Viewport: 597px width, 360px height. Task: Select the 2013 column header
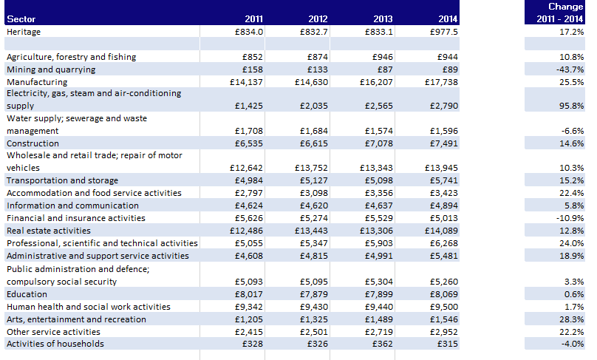[x=383, y=19]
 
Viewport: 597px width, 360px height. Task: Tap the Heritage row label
[x=24, y=32]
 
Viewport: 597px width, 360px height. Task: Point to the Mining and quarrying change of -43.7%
[x=568, y=69]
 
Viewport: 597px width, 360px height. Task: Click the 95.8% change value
[x=571, y=106]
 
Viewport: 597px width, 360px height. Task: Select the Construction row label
[x=33, y=143]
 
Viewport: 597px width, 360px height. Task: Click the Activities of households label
[x=55, y=344]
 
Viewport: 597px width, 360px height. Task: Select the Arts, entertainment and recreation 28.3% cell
[x=571, y=319]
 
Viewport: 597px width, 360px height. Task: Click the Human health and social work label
[x=89, y=307]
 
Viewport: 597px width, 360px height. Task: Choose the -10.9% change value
[x=570, y=218]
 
